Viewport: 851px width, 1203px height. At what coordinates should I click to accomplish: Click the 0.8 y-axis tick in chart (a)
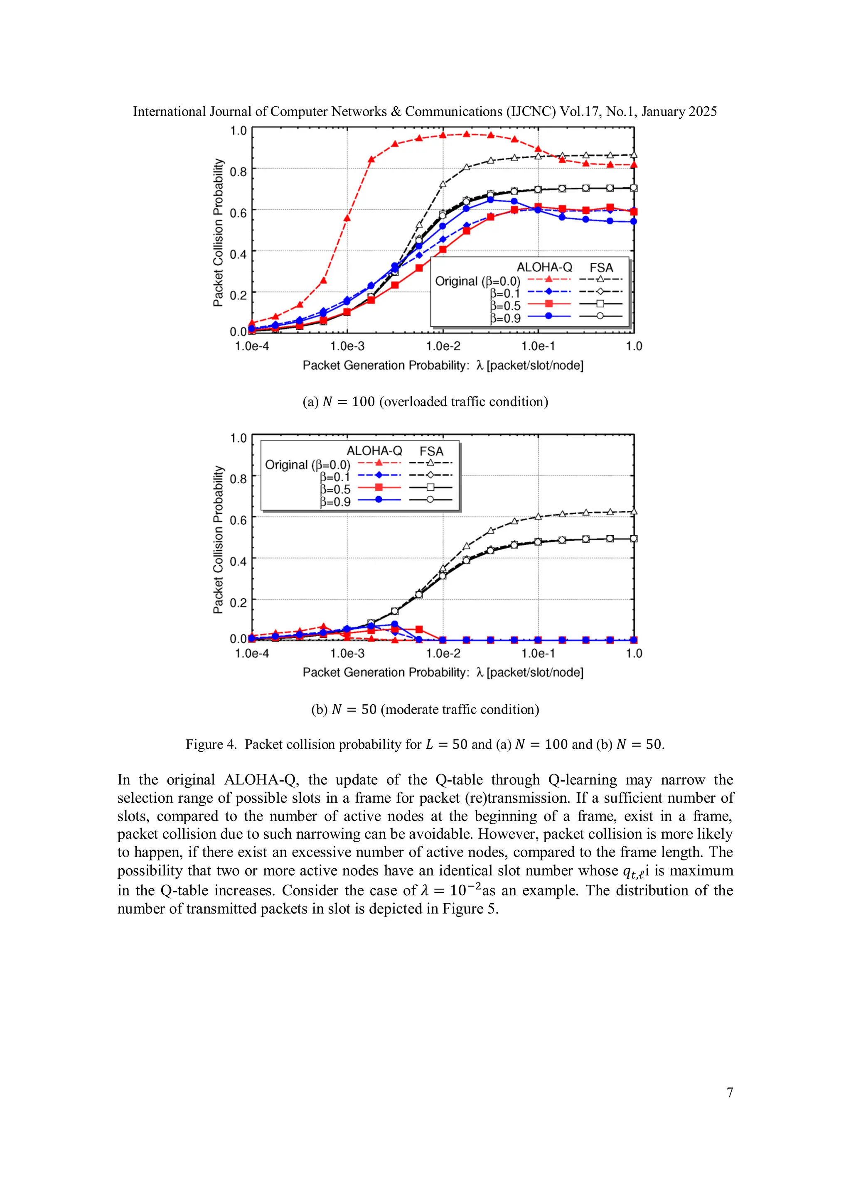(238, 172)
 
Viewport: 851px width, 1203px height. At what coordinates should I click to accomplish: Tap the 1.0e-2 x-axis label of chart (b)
(443, 653)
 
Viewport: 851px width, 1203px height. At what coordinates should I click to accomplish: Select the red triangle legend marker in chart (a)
(548, 279)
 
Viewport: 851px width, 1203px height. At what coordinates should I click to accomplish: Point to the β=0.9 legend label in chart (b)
(335, 502)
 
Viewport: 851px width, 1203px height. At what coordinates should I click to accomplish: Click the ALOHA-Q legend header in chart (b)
(374, 451)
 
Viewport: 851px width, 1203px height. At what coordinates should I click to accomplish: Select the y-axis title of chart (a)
(218, 233)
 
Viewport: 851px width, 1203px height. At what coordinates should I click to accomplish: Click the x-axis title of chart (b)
(443, 672)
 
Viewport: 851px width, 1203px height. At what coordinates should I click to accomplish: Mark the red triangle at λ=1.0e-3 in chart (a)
(347, 218)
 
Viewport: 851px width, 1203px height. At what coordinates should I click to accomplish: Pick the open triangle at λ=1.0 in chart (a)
(634, 154)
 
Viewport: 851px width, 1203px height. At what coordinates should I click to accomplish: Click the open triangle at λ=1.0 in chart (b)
(634, 511)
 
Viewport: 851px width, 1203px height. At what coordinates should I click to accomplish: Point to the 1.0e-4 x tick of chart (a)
(252, 346)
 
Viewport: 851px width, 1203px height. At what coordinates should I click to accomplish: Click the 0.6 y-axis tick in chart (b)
(238, 520)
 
